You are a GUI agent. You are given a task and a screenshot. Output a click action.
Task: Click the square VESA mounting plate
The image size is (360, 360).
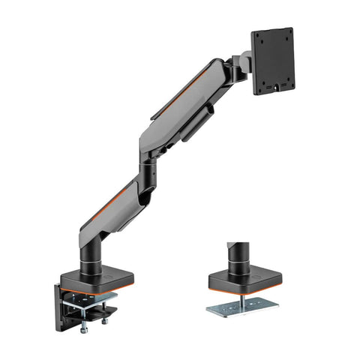pyautogui.click(x=271, y=62)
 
